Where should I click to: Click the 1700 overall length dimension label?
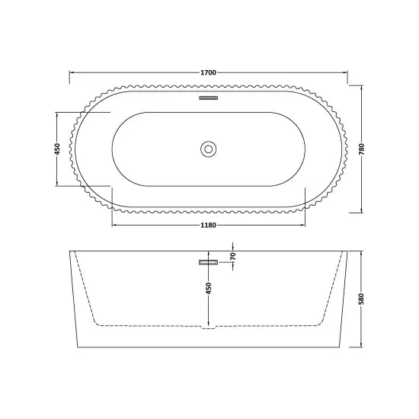click(209, 72)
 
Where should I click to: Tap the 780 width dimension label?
click(362, 149)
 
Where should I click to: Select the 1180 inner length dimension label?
click(209, 225)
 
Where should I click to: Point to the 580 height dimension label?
click(362, 299)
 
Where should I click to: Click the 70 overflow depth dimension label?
click(233, 256)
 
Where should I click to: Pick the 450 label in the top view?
click(57, 149)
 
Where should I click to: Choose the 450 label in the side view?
click(209, 288)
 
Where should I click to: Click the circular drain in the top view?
click(208, 149)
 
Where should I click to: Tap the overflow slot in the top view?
click(209, 98)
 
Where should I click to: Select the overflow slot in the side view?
click(209, 262)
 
